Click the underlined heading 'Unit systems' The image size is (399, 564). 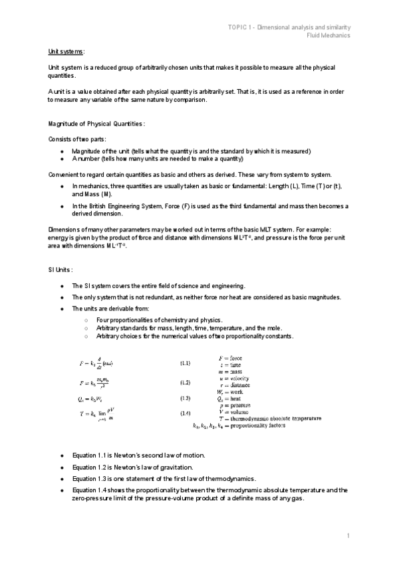point(66,51)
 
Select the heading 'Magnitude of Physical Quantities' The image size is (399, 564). point(96,124)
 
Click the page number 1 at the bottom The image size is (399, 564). point(347,535)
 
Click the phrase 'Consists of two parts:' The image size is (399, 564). point(76,139)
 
